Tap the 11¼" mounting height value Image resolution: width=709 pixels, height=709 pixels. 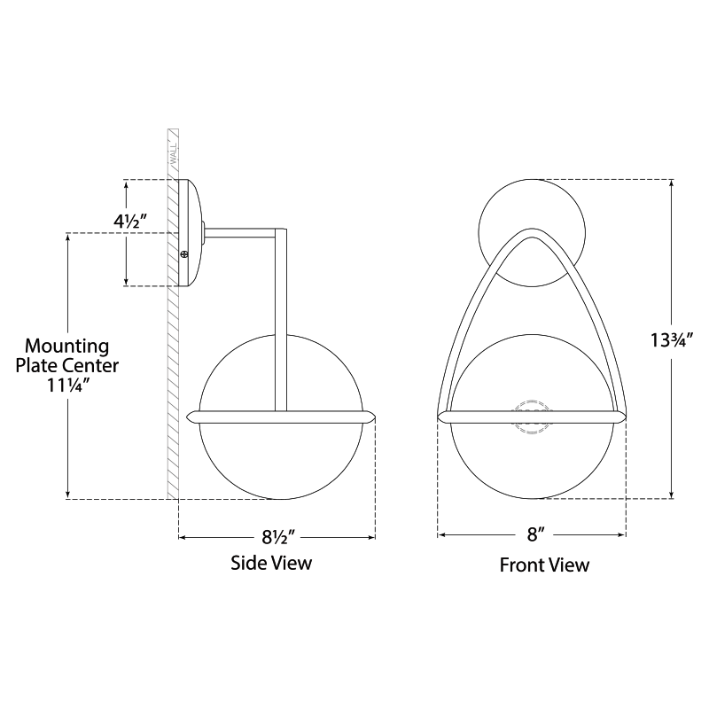coord(68,386)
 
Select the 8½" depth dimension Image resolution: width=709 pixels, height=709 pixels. coord(278,537)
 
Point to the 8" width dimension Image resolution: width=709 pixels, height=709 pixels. coord(534,535)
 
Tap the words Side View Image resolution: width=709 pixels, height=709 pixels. coord(271,563)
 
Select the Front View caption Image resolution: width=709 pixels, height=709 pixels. coord(544,565)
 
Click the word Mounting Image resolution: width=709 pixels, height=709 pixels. coord(67,347)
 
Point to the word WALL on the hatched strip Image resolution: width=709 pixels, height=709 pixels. coord(173,153)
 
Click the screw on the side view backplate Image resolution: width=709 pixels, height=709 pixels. coord(184,255)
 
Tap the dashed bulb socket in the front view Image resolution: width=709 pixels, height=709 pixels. coord(532,417)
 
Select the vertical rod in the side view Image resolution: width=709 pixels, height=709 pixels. coord(281,320)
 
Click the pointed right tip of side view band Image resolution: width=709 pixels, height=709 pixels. coord(375,417)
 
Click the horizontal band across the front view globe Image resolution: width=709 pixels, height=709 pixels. coord(532,417)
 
